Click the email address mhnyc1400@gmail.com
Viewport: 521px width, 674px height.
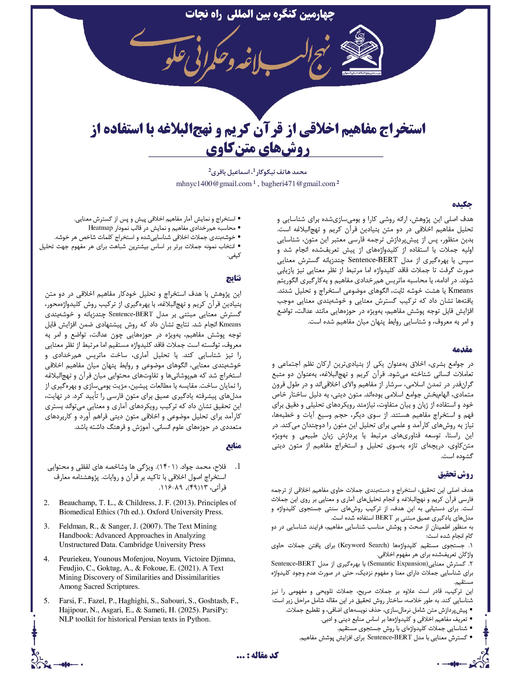(x=214, y=184)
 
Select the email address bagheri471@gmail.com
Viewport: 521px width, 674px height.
(x=298, y=184)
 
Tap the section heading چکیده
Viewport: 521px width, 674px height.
(x=462, y=205)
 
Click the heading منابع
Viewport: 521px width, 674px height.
(x=234, y=446)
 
